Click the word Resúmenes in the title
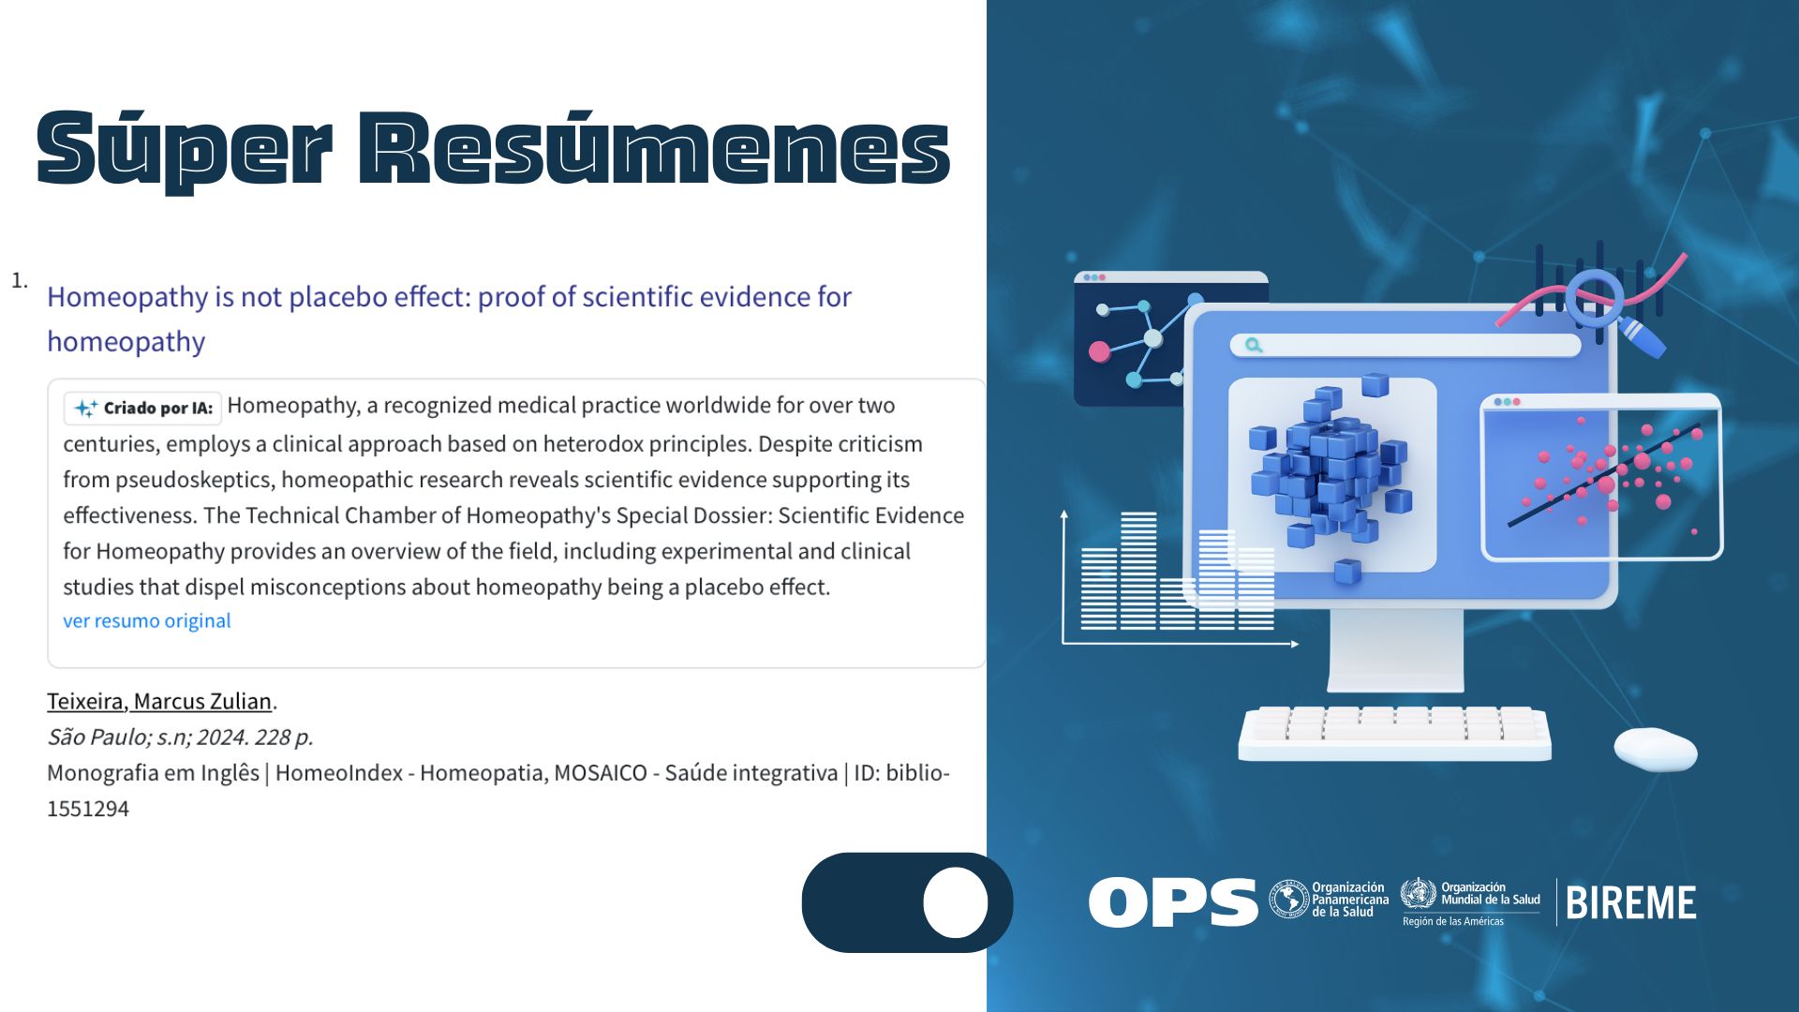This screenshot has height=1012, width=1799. pos(655,147)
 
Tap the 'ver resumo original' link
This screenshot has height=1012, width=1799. pos(147,620)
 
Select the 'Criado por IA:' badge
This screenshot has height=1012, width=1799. pos(143,408)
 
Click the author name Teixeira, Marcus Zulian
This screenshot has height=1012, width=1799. pos(159,701)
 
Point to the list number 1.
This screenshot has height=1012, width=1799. pos(19,280)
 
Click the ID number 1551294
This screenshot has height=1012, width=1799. pos(88,809)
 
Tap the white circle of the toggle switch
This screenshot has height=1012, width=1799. pos(956,902)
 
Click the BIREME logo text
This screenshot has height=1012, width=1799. pos(1630,903)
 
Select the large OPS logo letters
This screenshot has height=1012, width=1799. pos(1173,902)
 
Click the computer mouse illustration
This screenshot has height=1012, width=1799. pos(1656,750)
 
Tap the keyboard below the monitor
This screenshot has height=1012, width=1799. pos(1394,734)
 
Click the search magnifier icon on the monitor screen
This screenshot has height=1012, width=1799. pos(1254,346)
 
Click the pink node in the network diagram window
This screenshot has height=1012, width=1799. pos(1099,351)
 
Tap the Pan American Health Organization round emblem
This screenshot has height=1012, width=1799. pos(1289,900)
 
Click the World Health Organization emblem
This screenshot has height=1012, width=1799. pos(1419,894)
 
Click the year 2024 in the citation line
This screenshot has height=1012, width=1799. pos(221,737)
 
